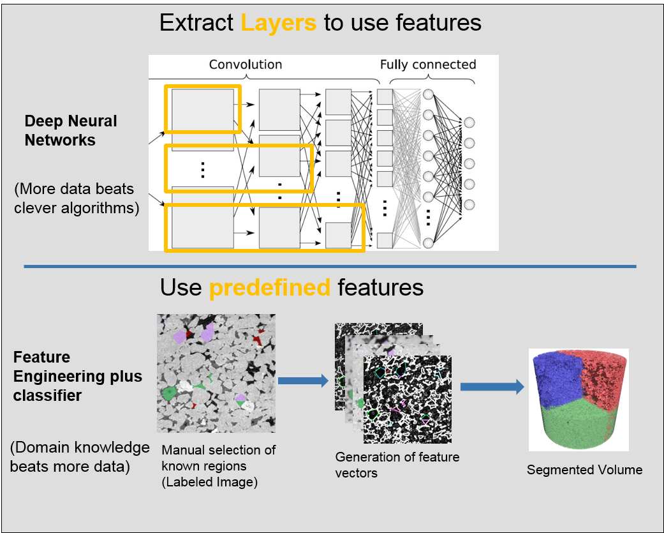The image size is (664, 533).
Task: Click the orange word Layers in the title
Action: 278,23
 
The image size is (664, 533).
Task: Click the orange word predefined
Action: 270,287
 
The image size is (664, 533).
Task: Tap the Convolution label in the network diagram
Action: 246,64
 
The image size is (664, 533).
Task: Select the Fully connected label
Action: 428,64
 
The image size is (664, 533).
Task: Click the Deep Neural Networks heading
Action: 71,131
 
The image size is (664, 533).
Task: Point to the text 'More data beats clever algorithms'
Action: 76,199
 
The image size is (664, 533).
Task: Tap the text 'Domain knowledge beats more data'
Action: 79,457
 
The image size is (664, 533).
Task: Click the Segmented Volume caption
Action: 584,470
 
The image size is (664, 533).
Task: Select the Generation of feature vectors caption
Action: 397,465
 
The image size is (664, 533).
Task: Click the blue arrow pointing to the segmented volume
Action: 492,387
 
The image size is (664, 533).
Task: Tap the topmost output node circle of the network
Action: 470,123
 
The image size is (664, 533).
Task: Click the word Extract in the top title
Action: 196,23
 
